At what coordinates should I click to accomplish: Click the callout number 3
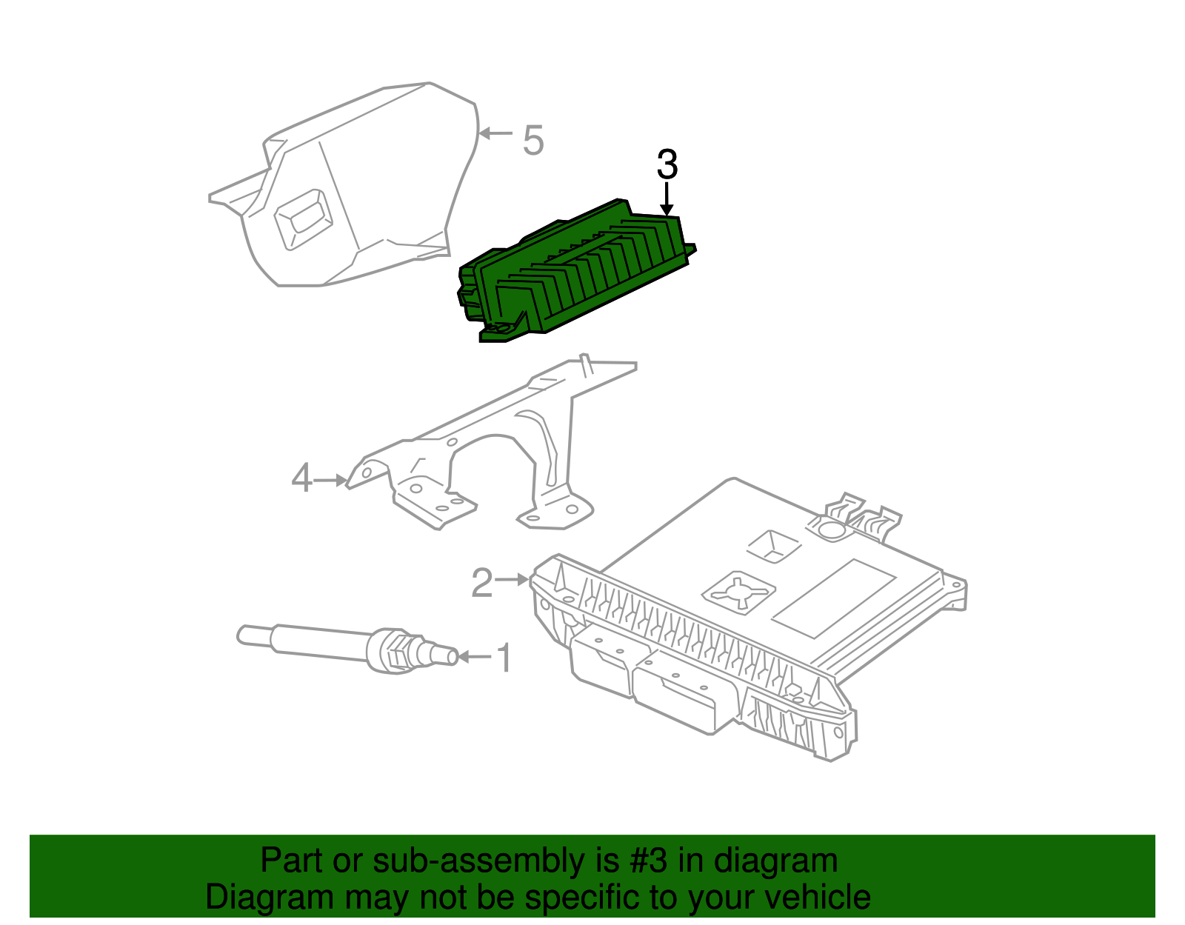[667, 164]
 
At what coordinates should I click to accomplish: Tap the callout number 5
[533, 140]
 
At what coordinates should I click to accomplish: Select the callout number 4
[301, 478]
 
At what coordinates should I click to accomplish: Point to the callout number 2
[481, 584]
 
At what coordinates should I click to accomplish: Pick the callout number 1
[504, 658]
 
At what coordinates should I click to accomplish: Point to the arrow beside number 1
[474, 657]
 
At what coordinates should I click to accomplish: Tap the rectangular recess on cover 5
[302, 217]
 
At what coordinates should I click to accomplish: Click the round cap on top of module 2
[830, 529]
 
